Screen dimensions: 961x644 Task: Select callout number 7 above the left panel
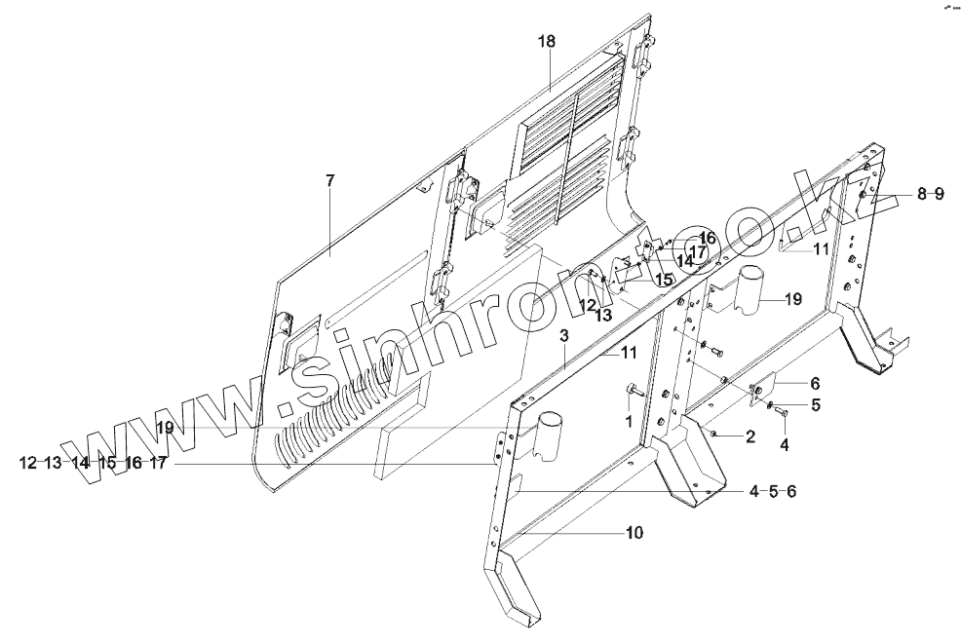point(329,180)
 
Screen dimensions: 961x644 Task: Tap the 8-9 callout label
point(929,195)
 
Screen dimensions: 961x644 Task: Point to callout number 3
point(564,336)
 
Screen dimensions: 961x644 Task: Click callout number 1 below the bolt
point(628,421)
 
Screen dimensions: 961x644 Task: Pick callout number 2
point(750,436)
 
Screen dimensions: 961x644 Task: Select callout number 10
point(634,533)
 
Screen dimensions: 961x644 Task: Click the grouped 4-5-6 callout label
point(773,491)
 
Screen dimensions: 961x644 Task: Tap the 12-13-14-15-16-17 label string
point(93,464)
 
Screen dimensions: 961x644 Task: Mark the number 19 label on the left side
point(162,427)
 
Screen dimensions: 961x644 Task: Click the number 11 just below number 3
point(630,352)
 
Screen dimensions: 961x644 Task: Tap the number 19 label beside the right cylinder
point(791,298)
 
